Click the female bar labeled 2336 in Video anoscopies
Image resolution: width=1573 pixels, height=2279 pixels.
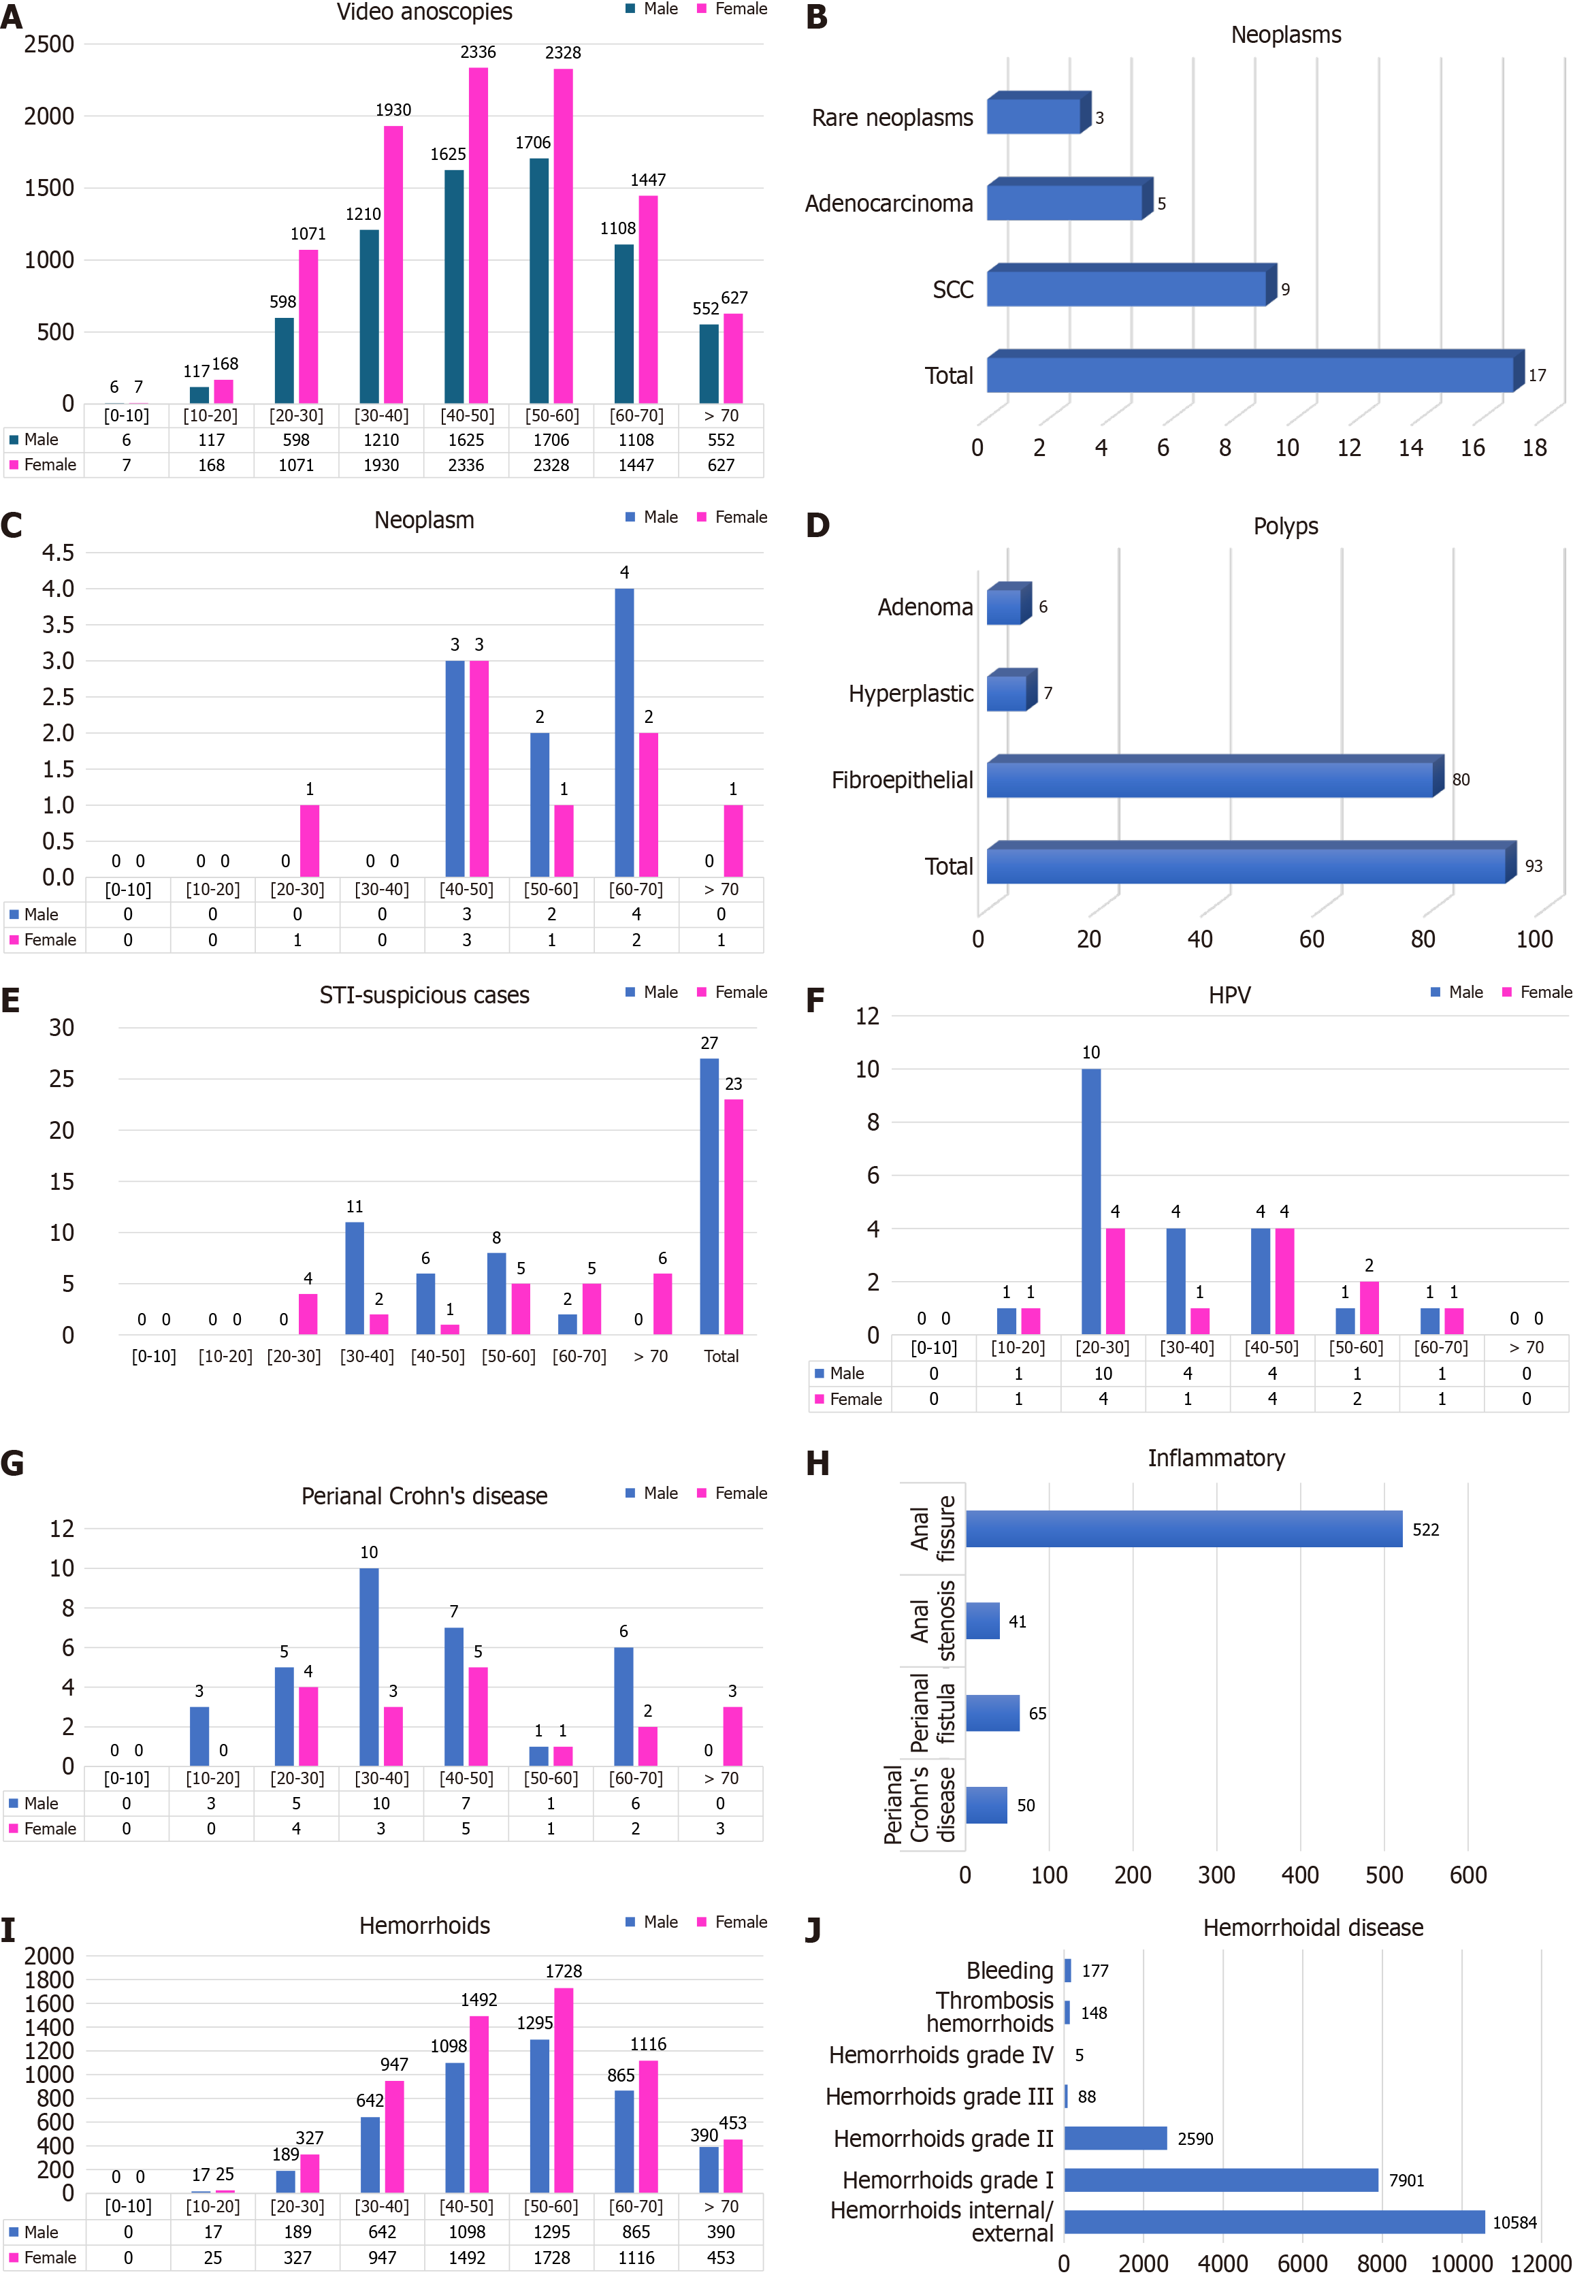478,237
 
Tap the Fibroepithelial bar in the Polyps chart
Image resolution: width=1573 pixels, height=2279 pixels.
1210,779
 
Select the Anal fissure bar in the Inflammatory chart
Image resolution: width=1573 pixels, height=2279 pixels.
1183,1529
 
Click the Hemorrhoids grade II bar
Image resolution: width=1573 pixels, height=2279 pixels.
1115,2138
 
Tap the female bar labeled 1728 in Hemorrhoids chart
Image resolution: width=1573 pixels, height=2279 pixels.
563,2090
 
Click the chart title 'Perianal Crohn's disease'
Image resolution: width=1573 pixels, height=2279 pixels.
424,1496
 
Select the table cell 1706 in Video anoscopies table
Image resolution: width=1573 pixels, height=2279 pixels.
551,440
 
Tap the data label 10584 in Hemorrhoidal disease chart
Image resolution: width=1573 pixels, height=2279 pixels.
1514,2222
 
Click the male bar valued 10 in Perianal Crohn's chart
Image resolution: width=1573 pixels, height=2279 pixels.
369,1666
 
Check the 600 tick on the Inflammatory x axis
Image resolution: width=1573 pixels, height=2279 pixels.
1467,1875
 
